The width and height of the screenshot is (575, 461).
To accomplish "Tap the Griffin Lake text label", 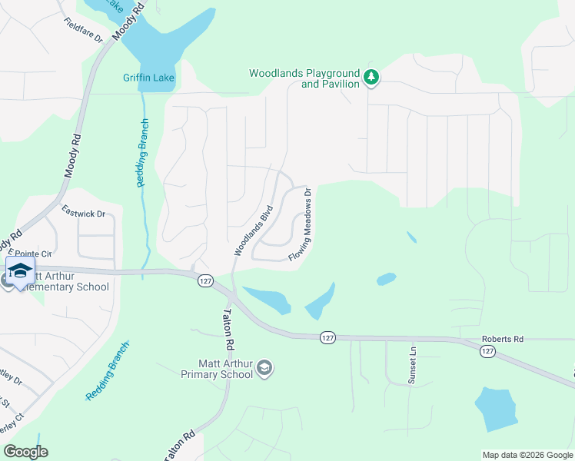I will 148,78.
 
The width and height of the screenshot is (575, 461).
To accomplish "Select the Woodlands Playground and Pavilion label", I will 304,78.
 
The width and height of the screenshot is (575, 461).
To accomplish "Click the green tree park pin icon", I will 371,77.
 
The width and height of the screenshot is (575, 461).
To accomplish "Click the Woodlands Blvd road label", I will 254,230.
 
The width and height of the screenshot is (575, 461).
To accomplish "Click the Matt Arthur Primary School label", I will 217,369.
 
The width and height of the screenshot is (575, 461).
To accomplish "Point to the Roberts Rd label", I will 502,338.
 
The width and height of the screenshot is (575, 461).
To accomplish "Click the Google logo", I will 25,452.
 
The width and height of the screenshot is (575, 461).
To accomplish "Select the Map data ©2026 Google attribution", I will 527,455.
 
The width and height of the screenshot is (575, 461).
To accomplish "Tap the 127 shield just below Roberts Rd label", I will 487,350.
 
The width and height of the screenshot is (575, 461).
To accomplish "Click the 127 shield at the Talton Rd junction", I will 204,280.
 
